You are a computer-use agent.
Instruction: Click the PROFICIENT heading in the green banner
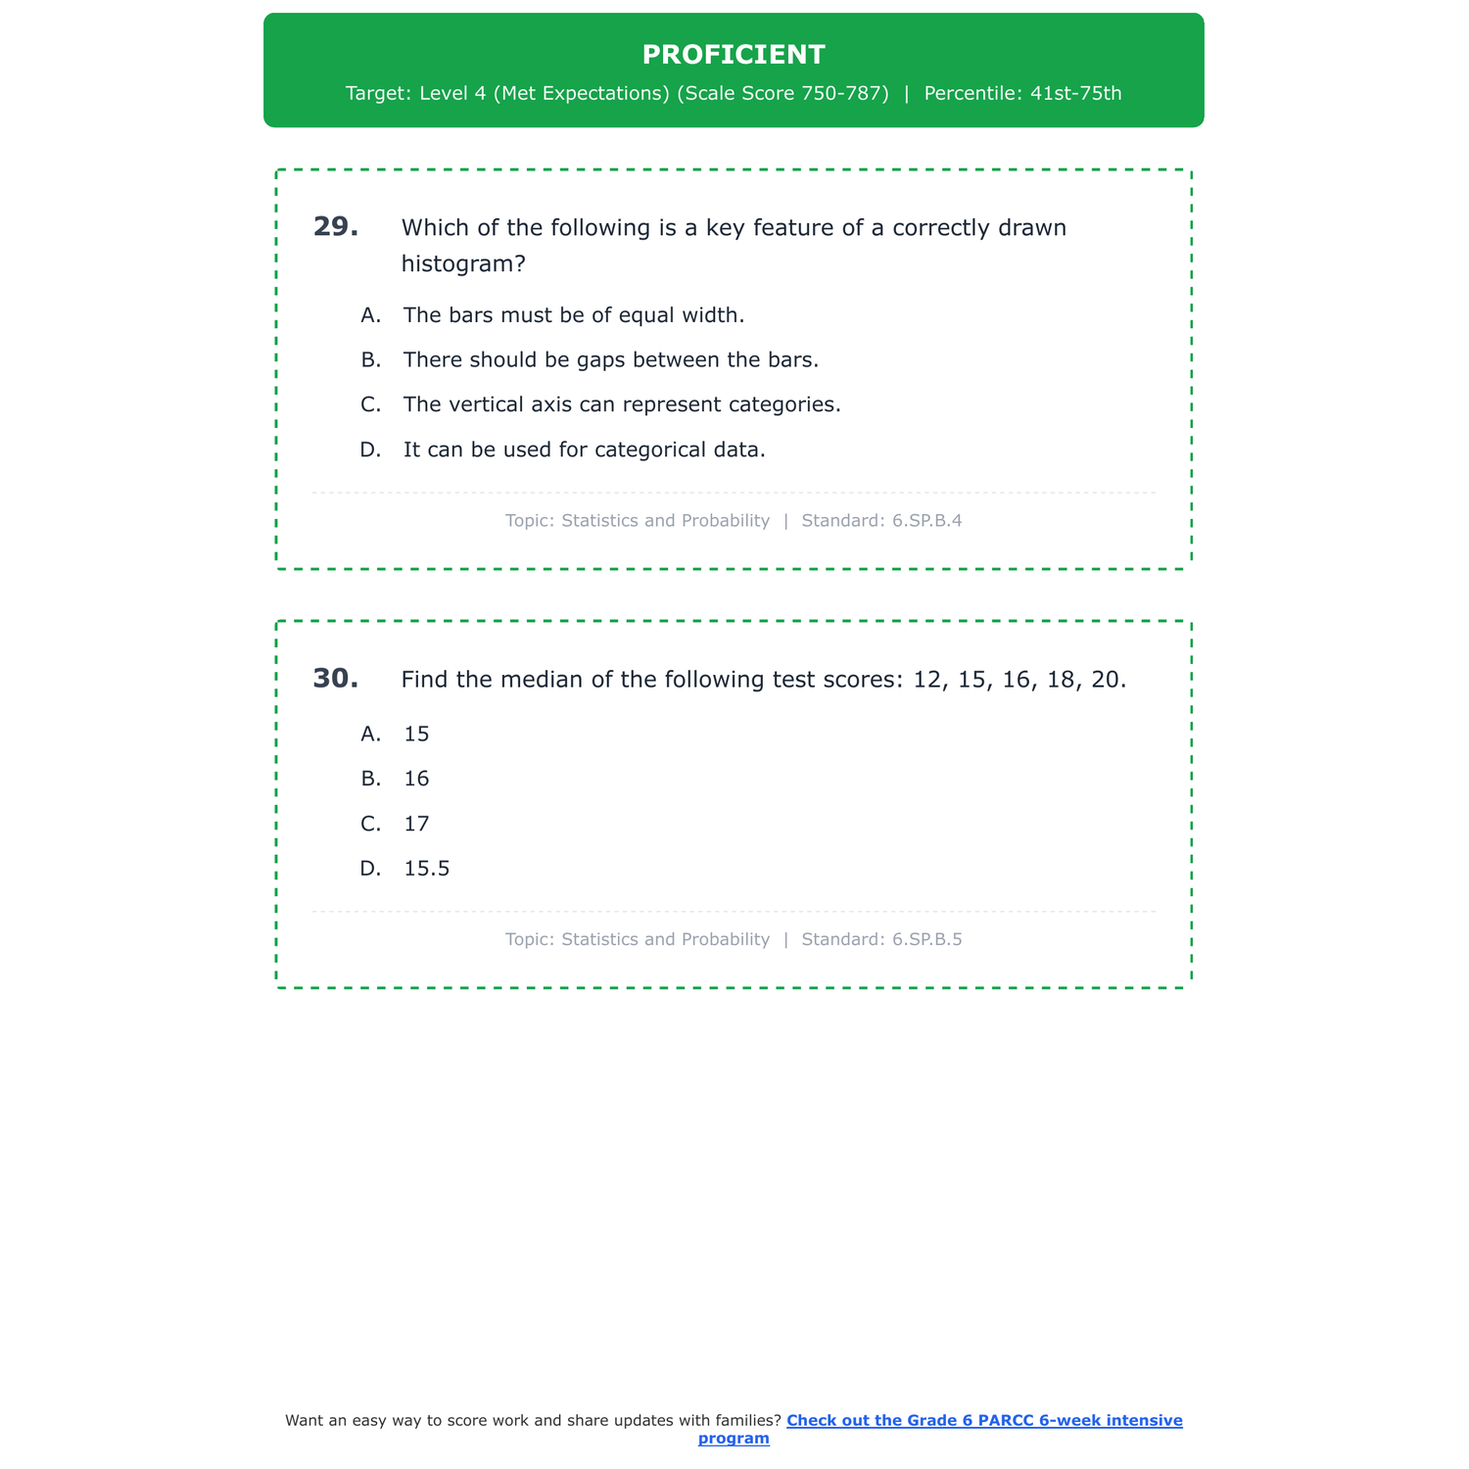click(x=734, y=55)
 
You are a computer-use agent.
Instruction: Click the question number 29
click(x=335, y=227)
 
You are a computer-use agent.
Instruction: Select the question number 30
click(x=335, y=679)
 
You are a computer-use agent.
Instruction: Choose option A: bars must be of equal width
click(x=573, y=315)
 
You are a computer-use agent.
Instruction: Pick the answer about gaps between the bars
click(x=610, y=360)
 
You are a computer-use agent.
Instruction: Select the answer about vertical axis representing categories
click(x=622, y=404)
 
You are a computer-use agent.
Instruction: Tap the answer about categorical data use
click(x=584, y=450)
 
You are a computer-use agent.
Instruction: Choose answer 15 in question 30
click(x=416, y=734)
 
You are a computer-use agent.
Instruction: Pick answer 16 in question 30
click(x=416, y=780)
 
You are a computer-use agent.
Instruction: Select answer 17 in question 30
click(x=416, y=825)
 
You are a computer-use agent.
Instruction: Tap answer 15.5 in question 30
click(x=426, y=869)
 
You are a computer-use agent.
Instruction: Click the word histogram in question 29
click(x=457, y=264)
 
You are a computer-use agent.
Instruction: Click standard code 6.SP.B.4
click(x=926, y=521)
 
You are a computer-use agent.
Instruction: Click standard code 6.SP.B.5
click(x=926, y=940)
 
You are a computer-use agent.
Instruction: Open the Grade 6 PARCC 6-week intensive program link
click(x=983, y=1421)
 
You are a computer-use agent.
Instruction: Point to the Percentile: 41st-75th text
click(x=1022, y=94)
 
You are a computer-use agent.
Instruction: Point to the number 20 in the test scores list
click(x=1105, y=680)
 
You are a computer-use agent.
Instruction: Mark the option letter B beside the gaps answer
click(x=370, y=360)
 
